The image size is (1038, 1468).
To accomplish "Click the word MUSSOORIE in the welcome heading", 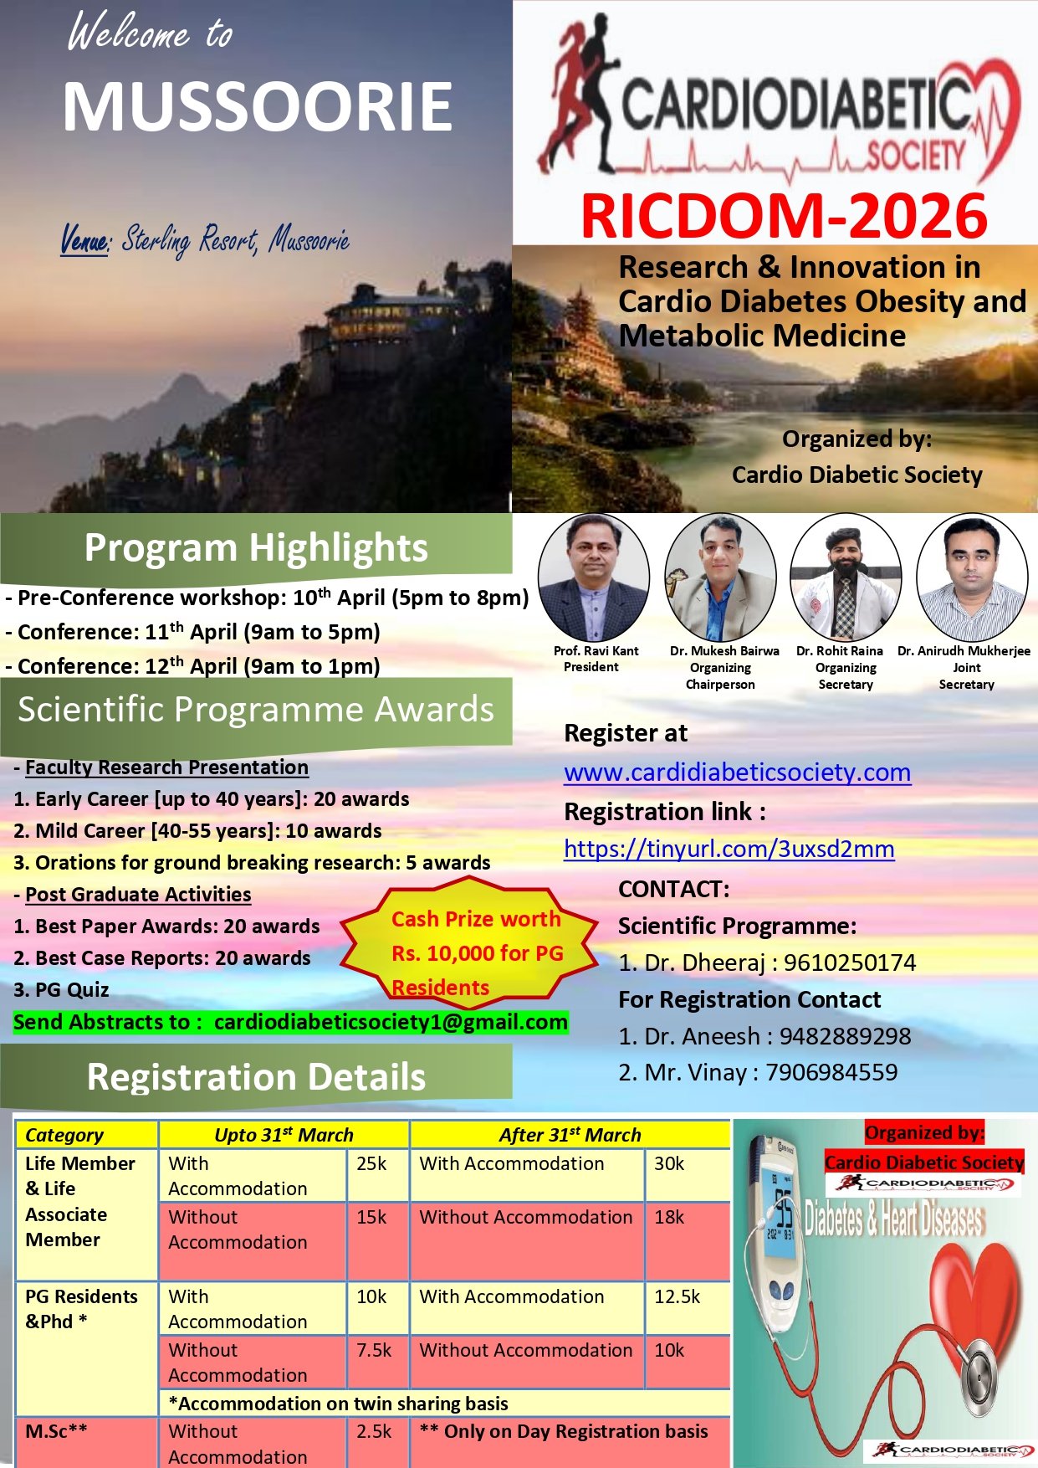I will pyautogui.click(x=258, y=106).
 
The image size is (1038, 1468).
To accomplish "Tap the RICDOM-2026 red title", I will pyautogui.click(x=784, y=215).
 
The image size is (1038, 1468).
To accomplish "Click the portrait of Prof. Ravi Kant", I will pyautogui.click(x=594, y=577).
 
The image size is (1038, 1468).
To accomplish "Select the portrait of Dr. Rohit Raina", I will pyautogui.click(x=846, y=577).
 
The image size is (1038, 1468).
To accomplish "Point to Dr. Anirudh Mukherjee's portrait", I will pyautogui.click(x=971, y=577).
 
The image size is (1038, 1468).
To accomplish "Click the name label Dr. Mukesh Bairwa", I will pyautogui.click(x=724, y=651).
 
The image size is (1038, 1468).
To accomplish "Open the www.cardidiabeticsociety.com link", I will pyautogui.click(x=737, y=772).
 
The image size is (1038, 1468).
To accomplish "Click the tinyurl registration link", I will pyautogui.click(x=729, y=849).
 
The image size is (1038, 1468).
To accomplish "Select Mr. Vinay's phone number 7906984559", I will pyautogui.click(x=831, y=1072).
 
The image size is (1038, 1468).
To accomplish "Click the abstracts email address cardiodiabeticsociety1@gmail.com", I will pyautogui.click(x=391, y=1022).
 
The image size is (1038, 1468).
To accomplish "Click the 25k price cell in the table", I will pyautogui.click(x=371, y=1163).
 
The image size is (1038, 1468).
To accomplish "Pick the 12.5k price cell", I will pyautogui.click(x=677, y=1296).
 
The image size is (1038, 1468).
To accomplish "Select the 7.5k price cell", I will pyautogui.click(x=374, y=1350).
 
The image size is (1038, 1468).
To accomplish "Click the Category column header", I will pyautogui.click(x=64, y=1135).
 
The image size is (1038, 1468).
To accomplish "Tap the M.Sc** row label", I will pyautogui.click(x=56, y=1431).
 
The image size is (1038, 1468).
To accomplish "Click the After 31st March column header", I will pyautogui.click(x=570, y=1135).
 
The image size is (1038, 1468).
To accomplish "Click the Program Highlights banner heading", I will pyautogui.click(x=256, y=547).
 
